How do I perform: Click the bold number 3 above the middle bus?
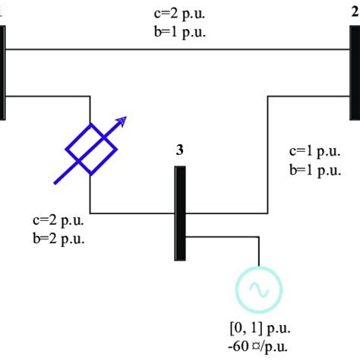tap(180, 150)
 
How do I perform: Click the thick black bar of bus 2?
tap(355, 72)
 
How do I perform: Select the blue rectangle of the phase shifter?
tap(90, 148)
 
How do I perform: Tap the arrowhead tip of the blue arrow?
tap(126, 117)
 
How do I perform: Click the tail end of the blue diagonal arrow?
tap(55, 183)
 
